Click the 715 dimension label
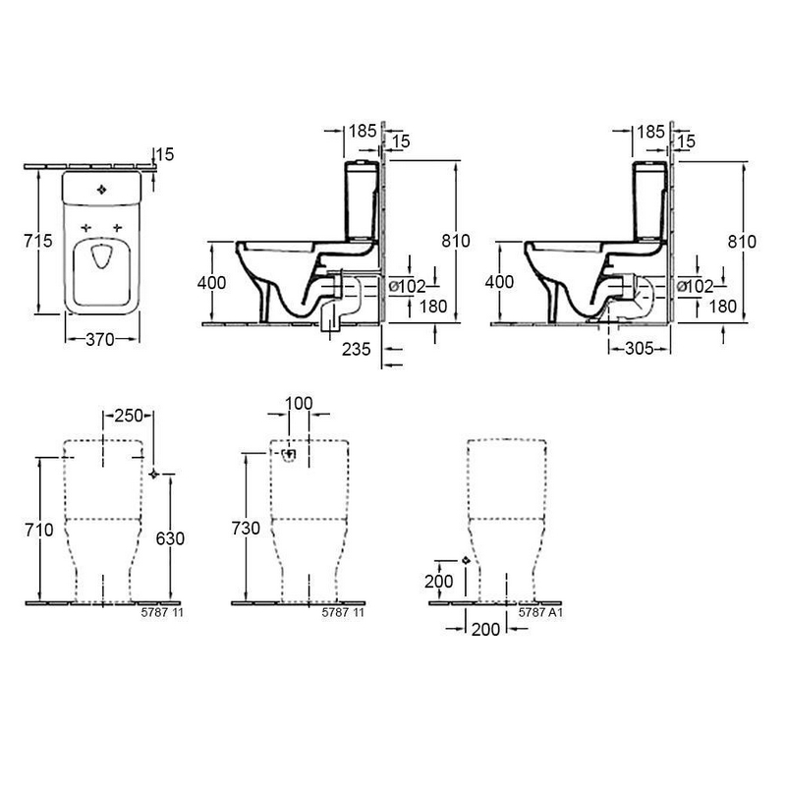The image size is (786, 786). [x=38, y=241]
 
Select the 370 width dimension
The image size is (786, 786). [x=100, y=339]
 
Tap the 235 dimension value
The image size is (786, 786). [x=357, y=349]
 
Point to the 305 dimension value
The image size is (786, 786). [x=640, y=348]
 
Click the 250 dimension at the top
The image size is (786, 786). [x=130, y=416]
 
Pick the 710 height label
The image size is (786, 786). [x=39, y=530]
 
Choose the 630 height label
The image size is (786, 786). [x=170, y=538]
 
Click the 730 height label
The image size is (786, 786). [x=247, y=528]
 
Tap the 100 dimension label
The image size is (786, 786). [x=299, y=403]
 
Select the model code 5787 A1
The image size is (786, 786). [x=541, y=612]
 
